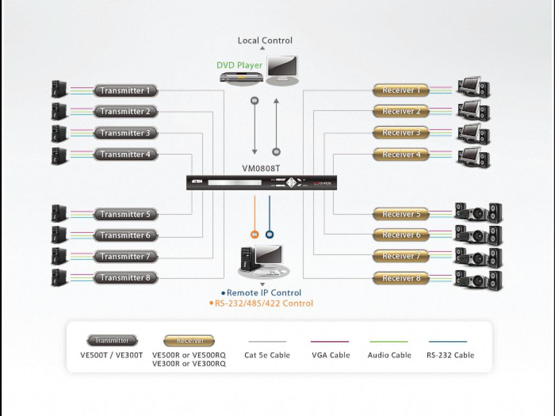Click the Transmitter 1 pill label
coord(125,91)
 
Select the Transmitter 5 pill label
coord(125,214)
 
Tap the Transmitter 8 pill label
coord(125,278)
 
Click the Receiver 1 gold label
coord(401,90)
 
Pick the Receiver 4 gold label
coord(401,154)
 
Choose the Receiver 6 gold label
coord(401,235)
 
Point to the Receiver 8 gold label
coord(401,278)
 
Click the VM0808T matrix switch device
coord(262,183)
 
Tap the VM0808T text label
coord(261,168)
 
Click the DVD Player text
coord(240,66)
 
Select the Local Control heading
coord(265,41)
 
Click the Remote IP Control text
coord(264,293)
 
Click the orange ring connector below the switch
coord(255,235)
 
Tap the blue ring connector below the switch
coord(269,235)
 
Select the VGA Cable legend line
coord(330,342)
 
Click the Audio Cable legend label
coord(389,355)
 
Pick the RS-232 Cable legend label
coord(450,355)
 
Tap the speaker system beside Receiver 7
coord(478,257)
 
